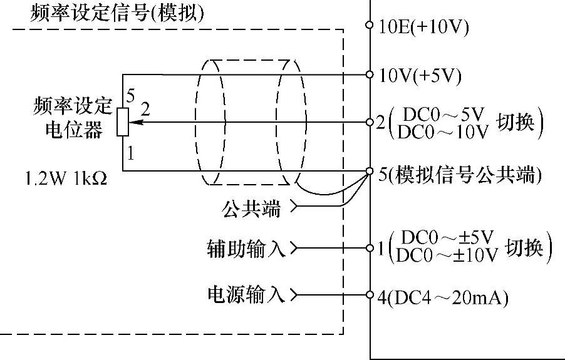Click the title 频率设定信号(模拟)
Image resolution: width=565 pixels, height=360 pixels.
tap(117, 13)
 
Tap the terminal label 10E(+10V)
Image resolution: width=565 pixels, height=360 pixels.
tap(424, 27)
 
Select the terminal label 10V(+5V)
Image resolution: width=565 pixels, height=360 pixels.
tap(420, 76)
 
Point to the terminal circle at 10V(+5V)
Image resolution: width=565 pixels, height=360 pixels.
tap(370, 75)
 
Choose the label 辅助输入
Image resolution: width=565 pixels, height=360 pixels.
tap(246, 249)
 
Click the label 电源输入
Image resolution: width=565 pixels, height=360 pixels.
tap(246, 294)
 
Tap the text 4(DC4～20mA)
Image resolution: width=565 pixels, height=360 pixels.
tap(443, 297)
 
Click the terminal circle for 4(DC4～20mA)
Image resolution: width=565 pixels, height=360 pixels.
tap(370, 294)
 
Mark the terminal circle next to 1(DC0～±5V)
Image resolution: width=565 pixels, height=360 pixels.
tap(370, 248)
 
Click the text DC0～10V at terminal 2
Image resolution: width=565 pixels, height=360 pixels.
tap(443, 132)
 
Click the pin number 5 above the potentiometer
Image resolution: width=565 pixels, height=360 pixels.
tap(130, 96)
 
